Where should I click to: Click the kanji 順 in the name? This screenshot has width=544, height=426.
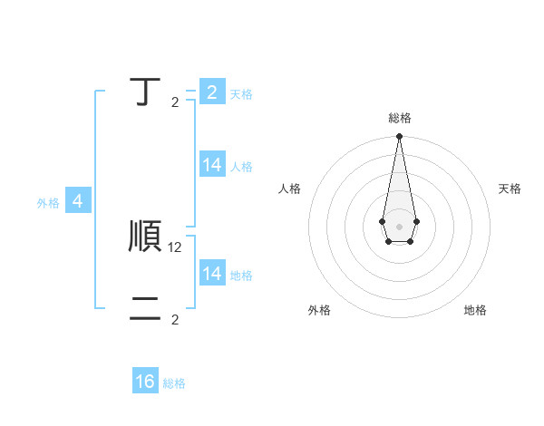[x=146, y=237]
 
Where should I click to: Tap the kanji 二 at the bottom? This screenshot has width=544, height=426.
[x=145, y=310]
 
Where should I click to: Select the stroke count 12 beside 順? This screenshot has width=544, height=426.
[x=176, y=247]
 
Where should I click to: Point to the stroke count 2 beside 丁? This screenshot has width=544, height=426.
[x=175, y=102]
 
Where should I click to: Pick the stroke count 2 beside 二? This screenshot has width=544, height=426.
[x=175, y=319]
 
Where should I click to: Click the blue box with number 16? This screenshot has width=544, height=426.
[x=146, y=382]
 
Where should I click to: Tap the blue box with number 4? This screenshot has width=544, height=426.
[x=78, y=201]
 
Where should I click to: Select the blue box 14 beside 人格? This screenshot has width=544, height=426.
[x=212, y=165]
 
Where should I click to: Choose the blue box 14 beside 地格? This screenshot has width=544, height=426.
[x=212, y=274]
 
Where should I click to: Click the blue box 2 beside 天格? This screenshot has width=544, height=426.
[x=212, y=92]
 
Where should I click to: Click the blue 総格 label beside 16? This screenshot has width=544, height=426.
[x=174, y=383]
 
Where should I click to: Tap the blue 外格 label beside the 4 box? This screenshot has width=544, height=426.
[x=48, y=203]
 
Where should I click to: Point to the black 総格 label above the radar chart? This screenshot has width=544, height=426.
[x=400, y=118]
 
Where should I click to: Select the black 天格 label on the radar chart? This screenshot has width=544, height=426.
[x=510, y=189]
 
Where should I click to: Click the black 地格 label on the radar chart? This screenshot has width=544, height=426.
[x=475, y=310]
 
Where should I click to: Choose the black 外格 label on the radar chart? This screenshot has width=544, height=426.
[x=319, y=310]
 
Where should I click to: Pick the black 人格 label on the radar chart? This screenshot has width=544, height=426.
[x=290, y=189]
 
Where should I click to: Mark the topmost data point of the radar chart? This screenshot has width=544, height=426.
[x=399, y=137]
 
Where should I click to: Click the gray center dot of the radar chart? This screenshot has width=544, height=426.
[x=399, y=226]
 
